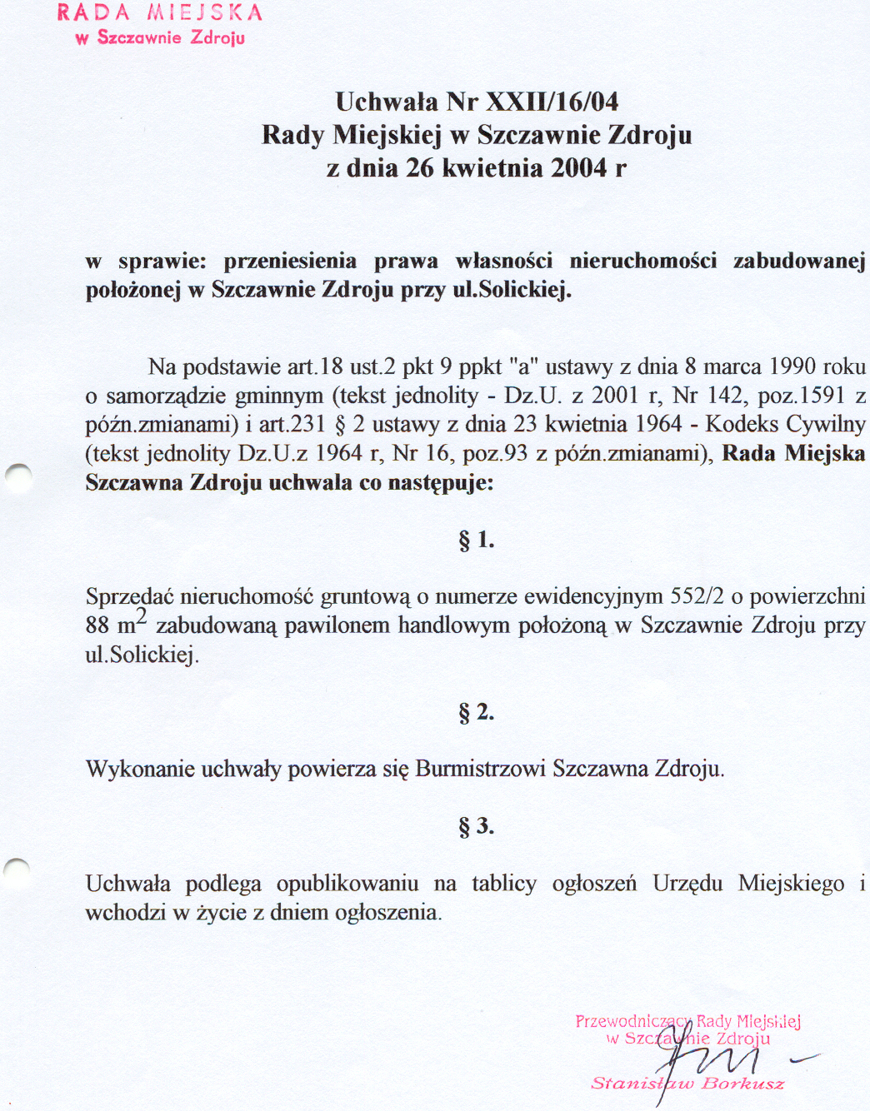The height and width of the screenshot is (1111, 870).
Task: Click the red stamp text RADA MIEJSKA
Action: coord(160,13)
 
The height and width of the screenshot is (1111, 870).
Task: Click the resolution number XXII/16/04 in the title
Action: coord(552,102)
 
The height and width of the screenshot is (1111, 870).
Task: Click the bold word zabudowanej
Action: coord(799,261)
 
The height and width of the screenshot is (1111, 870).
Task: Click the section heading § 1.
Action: coord(476,541)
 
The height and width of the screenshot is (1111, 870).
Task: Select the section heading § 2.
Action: coord(476,713)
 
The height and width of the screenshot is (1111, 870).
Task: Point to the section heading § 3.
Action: coord(476,827)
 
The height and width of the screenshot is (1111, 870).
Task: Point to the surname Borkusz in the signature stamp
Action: coord(742,1084)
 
